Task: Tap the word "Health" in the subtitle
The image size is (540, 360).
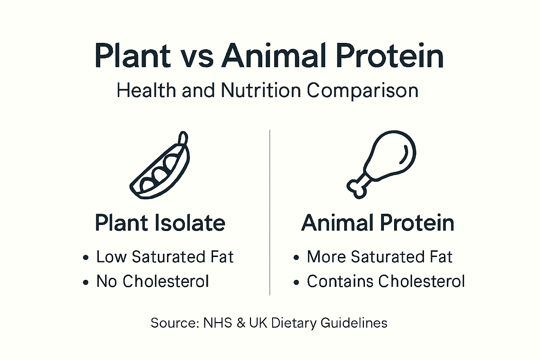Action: tap(146, 90)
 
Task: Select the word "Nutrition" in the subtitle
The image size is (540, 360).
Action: tap(261, 90)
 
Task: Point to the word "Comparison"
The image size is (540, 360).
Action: tap(362, 91)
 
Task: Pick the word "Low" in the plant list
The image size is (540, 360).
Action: tap(111, 257)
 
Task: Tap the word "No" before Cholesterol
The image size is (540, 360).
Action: tap(107, 281)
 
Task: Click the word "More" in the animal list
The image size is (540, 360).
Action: tap(326, 257)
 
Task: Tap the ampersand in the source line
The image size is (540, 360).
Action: tap(241, 323)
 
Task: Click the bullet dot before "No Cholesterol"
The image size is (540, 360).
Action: tap(85, 282)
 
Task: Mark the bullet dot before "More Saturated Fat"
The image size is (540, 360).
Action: tap(296, 258)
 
